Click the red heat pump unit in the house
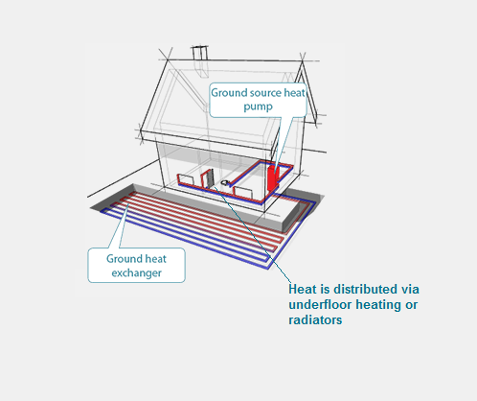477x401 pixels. coord(273,177)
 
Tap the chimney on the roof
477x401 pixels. coord(200,53)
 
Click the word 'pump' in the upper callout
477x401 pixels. coord(258,106)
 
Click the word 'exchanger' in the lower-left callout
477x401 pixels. coord(136,273)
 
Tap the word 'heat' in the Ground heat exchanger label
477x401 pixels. coord(155,259)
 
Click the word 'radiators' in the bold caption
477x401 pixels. coord(315,319)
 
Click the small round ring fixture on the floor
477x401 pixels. coord(225,182)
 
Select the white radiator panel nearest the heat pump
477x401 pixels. coord(242,193)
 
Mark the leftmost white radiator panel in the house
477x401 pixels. coord(185,179)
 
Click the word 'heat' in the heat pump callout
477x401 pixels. coord(294,93)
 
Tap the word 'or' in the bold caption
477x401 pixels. coord(412,305)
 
